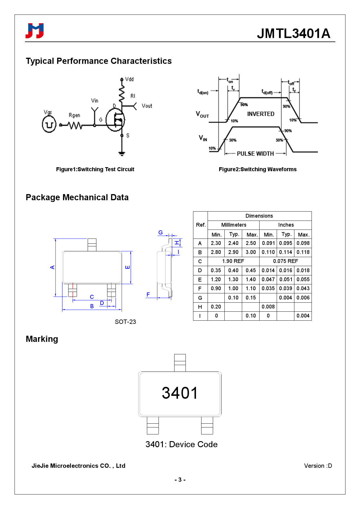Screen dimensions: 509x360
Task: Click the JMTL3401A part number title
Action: coord(294,33)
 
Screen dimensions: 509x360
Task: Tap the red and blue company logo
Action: coord(35,31)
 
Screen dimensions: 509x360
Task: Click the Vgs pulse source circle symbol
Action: coord(49,124)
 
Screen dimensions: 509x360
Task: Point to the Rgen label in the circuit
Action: coord(74,115)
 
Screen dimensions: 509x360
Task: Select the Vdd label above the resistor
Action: coord(129,79)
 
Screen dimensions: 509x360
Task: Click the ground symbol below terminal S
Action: coord(122,154)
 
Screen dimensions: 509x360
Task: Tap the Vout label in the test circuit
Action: coord(147,106)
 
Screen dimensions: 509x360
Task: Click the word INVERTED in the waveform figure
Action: coord(260,114)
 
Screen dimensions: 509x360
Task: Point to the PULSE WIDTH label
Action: coord(255,154)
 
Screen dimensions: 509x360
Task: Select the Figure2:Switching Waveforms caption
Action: coord(258,169)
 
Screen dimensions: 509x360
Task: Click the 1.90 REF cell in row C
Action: coord(233,261)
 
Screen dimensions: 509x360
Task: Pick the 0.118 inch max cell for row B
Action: coord(303,252)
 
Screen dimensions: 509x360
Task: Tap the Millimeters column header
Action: coord(233,225)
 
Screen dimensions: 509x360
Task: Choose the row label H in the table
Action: coord(200,307)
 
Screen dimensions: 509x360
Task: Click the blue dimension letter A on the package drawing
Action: coord(52,267)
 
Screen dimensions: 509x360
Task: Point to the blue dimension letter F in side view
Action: coord(148,295)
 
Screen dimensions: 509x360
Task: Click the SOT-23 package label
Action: coord(125,322)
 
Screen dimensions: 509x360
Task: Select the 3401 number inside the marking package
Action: coord(180,393)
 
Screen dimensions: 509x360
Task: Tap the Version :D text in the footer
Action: coord(318,466)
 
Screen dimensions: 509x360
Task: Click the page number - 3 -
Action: coord(180,480)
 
